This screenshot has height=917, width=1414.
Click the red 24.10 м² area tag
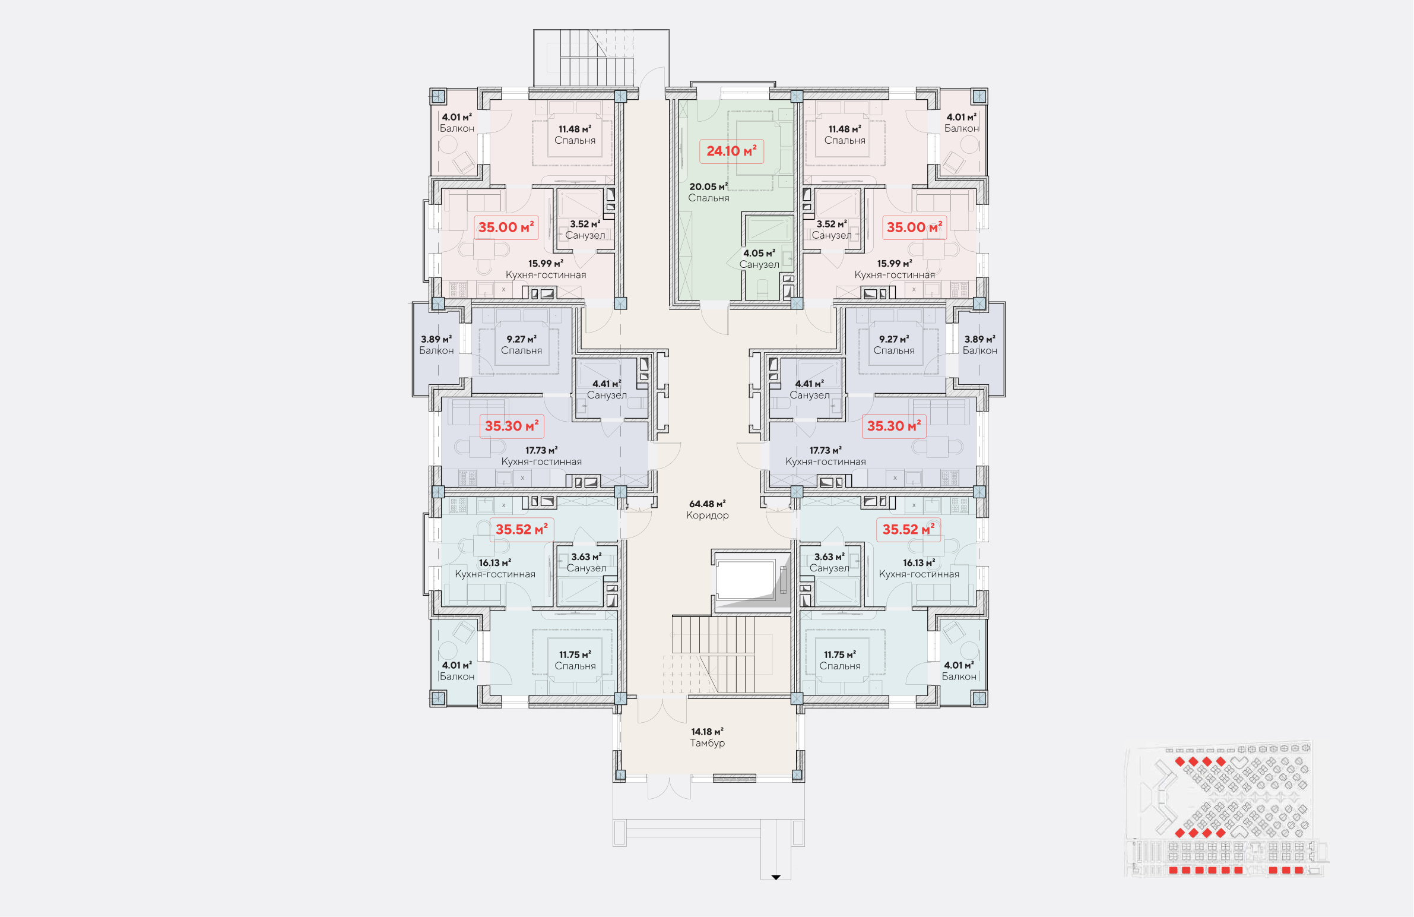tap(731, 151)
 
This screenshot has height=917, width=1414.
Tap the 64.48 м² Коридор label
tap(707, 510)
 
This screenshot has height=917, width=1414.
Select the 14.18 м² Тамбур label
tap(707, 737)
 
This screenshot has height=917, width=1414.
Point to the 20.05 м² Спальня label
tap(708, 192)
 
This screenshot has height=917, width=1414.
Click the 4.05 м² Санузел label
tap(759, 258)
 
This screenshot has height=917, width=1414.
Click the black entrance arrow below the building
tap(775, 877)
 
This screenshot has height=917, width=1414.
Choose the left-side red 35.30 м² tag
tap(512, 426)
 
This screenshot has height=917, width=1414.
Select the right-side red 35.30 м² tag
tap(893, 426)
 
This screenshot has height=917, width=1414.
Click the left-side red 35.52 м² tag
tap(522, 530)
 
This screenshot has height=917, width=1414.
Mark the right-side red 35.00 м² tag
tap(914, 227)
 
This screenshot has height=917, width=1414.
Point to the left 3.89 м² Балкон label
tap(436, 344)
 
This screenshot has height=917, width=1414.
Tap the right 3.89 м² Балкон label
tap(979, 344)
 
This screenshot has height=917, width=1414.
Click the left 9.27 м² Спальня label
tap(521, 344)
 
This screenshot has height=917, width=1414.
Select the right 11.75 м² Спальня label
tap(839, 660)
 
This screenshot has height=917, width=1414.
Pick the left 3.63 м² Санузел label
tap(586, 562)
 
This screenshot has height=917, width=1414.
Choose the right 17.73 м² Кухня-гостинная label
tap(825, 456)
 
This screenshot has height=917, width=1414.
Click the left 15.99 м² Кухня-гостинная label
tap(546, 269)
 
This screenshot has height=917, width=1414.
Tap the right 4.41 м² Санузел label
tap(809, 389)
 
